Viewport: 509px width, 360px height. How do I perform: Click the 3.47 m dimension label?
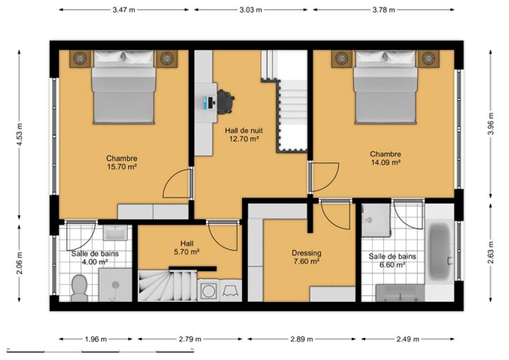pyautogui.click(x=124, y=10)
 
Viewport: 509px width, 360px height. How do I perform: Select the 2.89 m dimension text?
pyautogui.click(x=302, y=339)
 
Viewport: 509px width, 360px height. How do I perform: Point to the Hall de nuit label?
pyautogui.click(x=244, y=131)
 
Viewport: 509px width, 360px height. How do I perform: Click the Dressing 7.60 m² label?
pyautogui.click(x=306, y=257)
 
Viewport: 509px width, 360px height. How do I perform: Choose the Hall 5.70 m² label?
pyautogui.click(x=187, y=247)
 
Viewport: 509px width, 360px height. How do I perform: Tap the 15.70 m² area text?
pyautogui.click(x=122, y=167)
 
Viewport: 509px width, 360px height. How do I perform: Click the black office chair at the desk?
pyautogui.click(x=225, y=102)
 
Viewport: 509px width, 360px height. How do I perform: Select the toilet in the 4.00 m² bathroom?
pyautogui.click(x=79, y=287)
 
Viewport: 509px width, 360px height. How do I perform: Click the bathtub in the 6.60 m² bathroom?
pyautogui.click(x=440, y=253)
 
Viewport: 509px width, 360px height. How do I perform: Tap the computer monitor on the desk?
pyautogui.click(x=206, y=102)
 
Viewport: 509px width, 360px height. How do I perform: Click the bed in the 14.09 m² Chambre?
pyautogui.click(x=385, y=87)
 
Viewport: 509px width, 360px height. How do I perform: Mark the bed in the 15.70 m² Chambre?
pyautogui.click(x=124, y=87)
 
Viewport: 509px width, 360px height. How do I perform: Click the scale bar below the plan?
pyautogui.click(x=100, y=350)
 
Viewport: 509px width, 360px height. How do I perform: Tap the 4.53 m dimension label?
pyautogui.click(x=19, y=134)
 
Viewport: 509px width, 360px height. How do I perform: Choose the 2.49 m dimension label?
pyautogui.click(x=408, y=339)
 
